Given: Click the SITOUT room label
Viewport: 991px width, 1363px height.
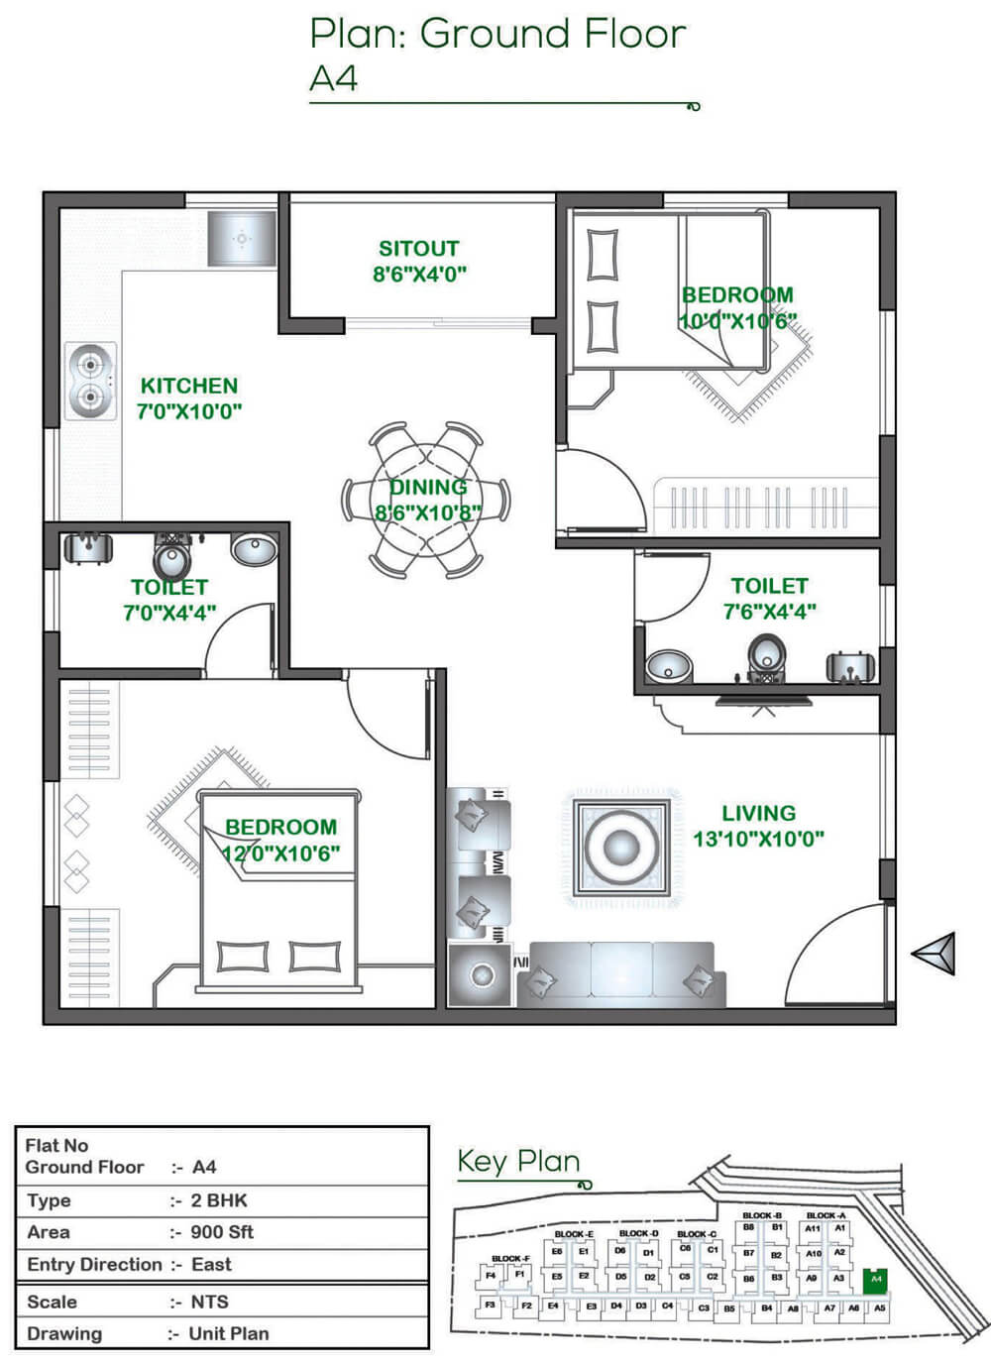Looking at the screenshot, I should (x=418, y=249).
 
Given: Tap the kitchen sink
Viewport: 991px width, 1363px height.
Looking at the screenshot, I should (x=242, y=239).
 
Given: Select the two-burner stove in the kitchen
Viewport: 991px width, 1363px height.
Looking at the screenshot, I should (x=90, y=382).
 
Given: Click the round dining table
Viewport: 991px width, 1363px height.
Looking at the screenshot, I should (x=426, y=501).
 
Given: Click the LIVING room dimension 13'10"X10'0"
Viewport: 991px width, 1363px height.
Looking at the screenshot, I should (x=758, y=839).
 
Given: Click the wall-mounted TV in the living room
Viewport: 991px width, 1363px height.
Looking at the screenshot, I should (x=763, y=702).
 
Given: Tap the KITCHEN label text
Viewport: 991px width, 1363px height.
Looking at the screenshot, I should (x=188, y=386).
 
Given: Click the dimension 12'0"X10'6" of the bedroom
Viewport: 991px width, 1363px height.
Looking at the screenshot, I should (x=280, y=853).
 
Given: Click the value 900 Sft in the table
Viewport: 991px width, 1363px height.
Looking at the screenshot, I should (x=222, y=1232).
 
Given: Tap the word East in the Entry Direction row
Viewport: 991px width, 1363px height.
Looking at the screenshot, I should (x=211, y=1264).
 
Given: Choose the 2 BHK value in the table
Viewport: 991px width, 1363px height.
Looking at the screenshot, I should (x=219, y=1200).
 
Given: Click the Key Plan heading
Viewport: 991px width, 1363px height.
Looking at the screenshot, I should (x=518, y=1161).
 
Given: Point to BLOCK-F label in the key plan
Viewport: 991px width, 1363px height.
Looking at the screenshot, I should (x=511, y=1258).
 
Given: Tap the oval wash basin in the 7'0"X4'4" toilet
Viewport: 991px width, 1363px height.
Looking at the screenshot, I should (x=255, y=549).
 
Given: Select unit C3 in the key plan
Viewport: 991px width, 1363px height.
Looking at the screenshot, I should (x=704, y=1307).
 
